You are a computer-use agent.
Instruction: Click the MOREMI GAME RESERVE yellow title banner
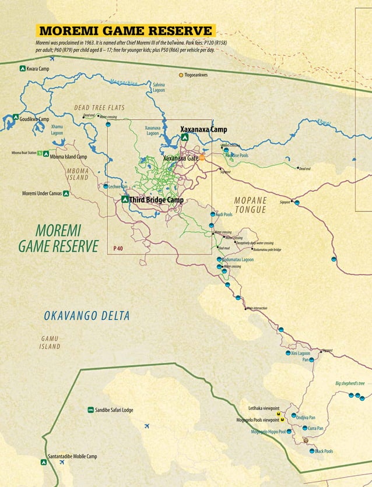pyautogui.click(x=125, y=31)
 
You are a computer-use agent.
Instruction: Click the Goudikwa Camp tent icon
pyautogui.click(x=16, y=118)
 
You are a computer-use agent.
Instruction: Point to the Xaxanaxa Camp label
pyautogui.click(x=203, y=129)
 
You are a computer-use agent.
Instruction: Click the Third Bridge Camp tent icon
pyautogui.click(x=124, y=199)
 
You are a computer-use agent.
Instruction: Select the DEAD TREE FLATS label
pyautogui.click(x=99, y=108)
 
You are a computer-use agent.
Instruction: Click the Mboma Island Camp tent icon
pyautogui.click(x=45, y=154)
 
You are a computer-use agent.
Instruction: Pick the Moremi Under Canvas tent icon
pyautogui.click(x=66, y=193)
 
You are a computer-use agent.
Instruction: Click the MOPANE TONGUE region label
pyautogui.click(x=250, y=205)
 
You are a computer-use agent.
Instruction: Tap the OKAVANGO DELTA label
pyautogui.click(x=87, y=316)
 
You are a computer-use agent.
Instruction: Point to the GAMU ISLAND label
pyautogui.click(x=50, y=343)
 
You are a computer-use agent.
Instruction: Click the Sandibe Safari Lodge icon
pyautogui.click(x=90, y=410)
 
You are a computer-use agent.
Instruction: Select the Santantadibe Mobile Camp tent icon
pyautogui.click(x=44, y=462)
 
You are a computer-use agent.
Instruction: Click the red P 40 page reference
pyautogui.click(x=118, y=248)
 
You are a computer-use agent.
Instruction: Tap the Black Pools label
pyautogui.click(x=324, y=451)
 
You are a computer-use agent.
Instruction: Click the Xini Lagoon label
pyautogui.click(x=300, y=353)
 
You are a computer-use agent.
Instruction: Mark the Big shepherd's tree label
pyautogui.click(x=350, y=383)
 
